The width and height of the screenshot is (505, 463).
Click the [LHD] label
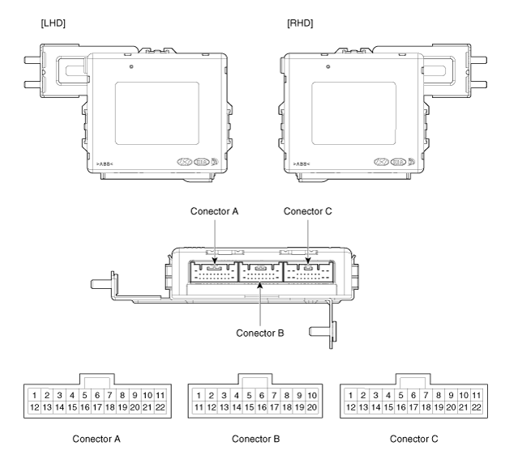[x=53, y=23]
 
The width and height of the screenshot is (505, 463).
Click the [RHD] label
[x=300, y=23]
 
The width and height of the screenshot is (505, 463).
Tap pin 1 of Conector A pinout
[x=35, y=395]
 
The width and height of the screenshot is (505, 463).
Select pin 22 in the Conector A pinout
[x=160, y=407]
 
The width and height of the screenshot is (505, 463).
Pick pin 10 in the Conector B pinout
[x=312, y=395]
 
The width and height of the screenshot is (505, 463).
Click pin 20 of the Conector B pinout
[x=312, y=407]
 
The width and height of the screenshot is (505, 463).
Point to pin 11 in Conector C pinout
[x=477, y=395]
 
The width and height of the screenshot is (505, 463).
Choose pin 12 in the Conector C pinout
[x=350, y=407]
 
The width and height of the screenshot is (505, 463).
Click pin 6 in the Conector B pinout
[x=262, y=395]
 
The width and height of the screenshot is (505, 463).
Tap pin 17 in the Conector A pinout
[x=97, y=407]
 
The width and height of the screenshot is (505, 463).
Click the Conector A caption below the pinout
[x=96, y=439]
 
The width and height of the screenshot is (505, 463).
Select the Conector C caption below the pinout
[x=414, y=439]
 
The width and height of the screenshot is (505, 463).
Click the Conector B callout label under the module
[x=260, y=333]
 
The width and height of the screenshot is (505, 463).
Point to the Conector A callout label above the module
[x=214, y=211]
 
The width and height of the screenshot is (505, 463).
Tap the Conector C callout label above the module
[x=307, y=211]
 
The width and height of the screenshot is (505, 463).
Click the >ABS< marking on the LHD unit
[x=105, y=164]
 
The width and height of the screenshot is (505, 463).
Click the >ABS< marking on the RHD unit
[x=302, y=164]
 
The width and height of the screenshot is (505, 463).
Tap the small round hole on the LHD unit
[x=131, y=66]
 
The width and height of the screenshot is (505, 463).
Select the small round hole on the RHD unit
[x=327, y=66]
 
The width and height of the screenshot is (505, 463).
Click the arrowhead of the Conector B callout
[x=260, y=285]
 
